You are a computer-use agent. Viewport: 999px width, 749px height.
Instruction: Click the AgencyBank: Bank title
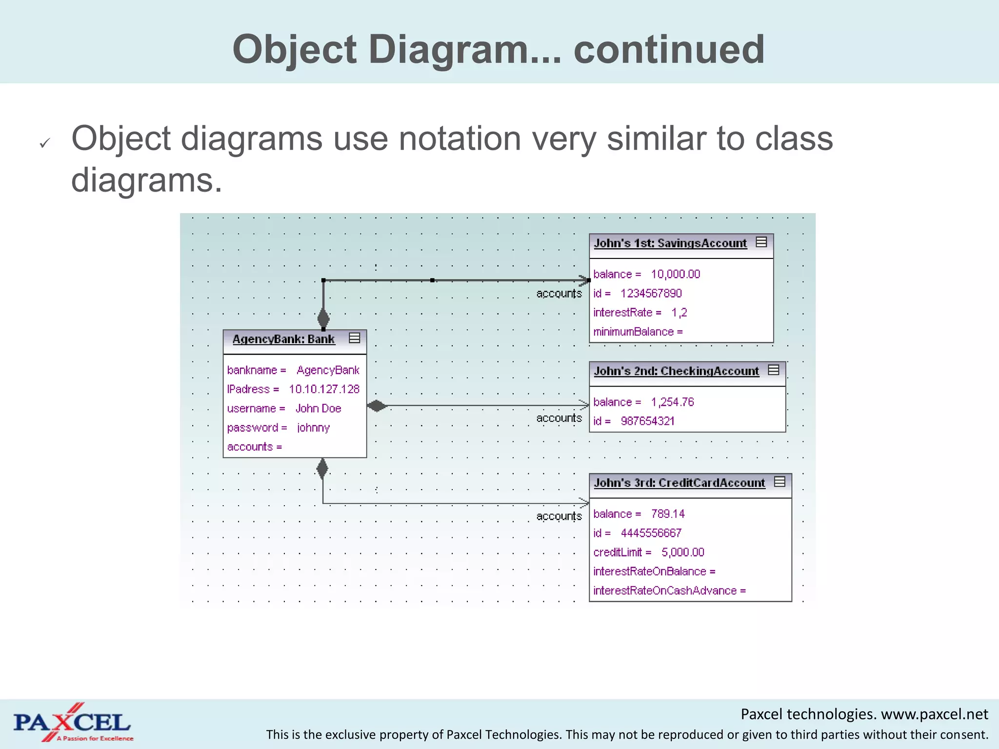point(283,339)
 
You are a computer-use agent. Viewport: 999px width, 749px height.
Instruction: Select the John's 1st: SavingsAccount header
point(670,243)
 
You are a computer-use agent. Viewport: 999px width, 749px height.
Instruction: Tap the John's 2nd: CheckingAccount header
point(676,371)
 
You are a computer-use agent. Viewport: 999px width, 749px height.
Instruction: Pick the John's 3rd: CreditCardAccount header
point(679,483)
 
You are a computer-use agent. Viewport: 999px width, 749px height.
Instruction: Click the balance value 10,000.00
point(675,275)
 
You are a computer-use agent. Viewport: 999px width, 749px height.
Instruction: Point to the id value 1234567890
point(651,294)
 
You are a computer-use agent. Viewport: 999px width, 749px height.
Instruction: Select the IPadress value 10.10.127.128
point(324,389)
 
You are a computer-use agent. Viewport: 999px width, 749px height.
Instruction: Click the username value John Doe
point(318,409)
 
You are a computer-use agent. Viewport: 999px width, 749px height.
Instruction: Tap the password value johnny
point(313,428)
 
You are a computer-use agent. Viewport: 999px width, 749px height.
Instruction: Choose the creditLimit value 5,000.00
point(682,552)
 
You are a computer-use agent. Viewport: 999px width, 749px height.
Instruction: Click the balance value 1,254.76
point(672,402)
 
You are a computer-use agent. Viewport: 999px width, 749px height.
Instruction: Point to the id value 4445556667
point(651,533)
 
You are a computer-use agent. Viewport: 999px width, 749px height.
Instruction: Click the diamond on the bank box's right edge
point(377,406)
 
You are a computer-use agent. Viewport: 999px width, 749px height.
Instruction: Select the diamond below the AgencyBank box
point(322,469)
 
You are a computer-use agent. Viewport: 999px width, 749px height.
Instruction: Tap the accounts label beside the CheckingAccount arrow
point(559,418)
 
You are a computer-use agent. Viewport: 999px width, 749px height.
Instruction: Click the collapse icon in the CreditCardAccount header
point(779,482)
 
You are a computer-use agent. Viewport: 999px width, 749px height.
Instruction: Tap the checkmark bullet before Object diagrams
point(45,143)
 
